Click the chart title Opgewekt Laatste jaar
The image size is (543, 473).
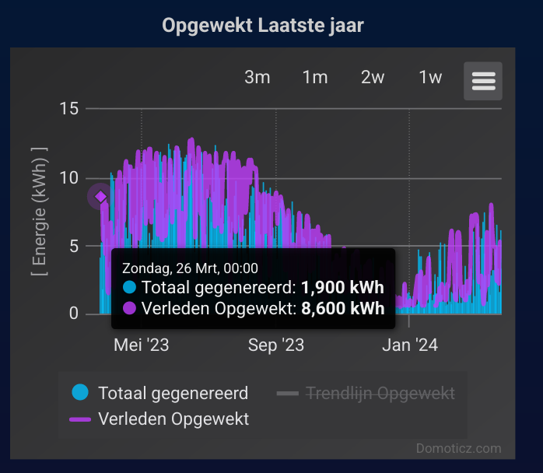point(263,26)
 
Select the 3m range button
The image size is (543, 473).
point(257,77)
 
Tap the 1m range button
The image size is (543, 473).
point(315,77)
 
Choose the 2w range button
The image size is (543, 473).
point(373,77)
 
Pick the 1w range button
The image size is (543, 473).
point(430,77)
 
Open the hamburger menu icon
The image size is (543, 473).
point(483,81)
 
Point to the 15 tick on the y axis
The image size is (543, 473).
point(69,108)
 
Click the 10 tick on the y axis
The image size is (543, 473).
point(69,177)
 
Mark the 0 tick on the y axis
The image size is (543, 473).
point(74,314)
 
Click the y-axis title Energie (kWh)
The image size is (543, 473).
point(39,211)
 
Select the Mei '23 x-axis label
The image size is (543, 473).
point(142,344)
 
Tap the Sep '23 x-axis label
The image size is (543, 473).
point(276,344)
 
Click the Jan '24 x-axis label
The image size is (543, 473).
point(410,344)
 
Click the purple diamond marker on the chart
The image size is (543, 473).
point(100,197)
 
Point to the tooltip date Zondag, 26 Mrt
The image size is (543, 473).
point(190,268)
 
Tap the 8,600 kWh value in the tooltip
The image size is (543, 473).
point(342,308)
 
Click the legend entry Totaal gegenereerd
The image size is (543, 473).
point(173,393)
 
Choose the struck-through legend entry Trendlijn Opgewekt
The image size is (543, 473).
point(380,393)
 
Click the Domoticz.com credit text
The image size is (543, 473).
point(459,448)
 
